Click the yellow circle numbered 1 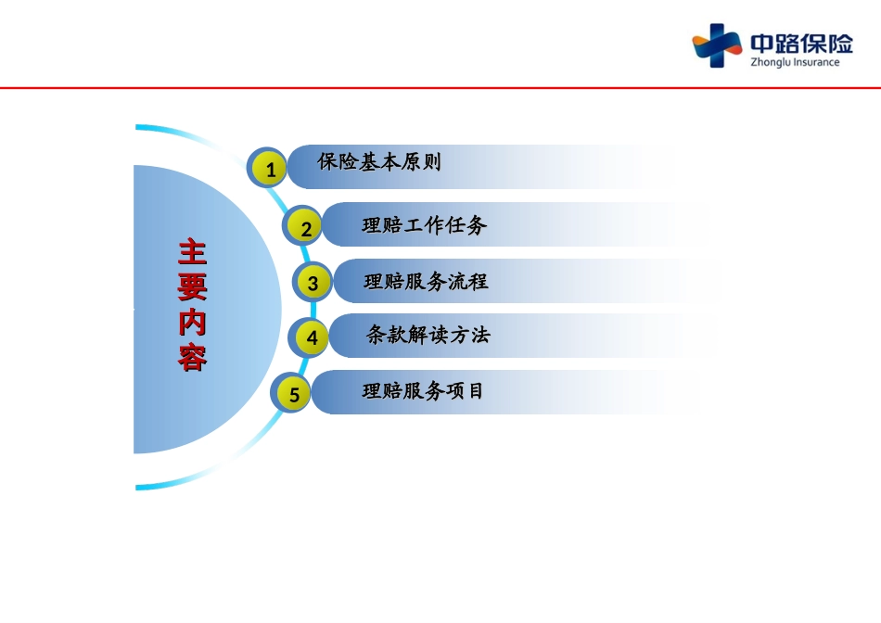click(x=269, y=168)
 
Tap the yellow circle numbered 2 click(x=304, y=227)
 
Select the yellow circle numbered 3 click(x=312, y=282)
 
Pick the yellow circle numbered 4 click(x=311, y=337)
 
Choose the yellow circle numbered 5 click(x=292, y=393)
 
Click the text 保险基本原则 click(x=379, y=162)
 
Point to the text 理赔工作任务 click(x=424, y=224)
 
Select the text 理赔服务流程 click(x=426, y=281)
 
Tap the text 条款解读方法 click(x=428, y=335)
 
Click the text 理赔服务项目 click(x=423, y=390)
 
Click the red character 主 click(x=193, y=252)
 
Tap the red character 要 click(x=193, y=287)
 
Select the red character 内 click(x=193, y=323)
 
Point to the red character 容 click(x=193, y=358)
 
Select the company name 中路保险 click(x=802, y=44)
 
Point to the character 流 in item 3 click(x=457, y=281)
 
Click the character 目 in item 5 click(x=477, y=390)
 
